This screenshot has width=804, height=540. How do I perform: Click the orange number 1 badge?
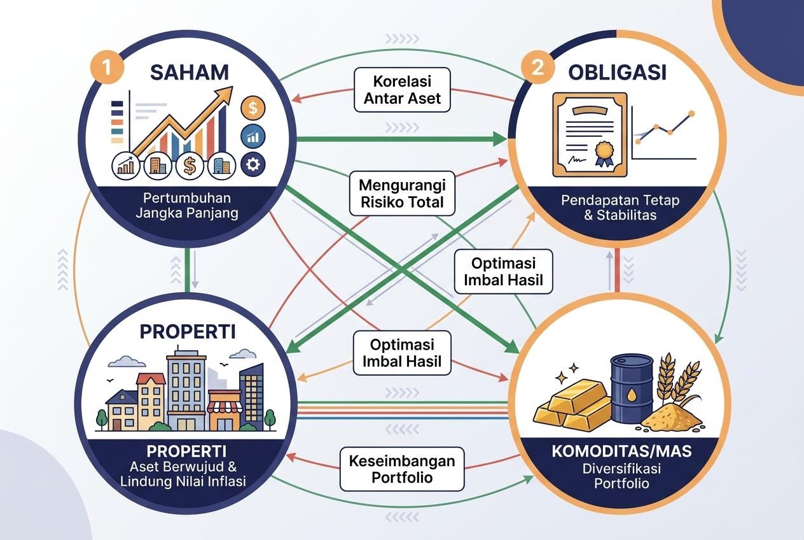pyautogui.click(x=107, y=67)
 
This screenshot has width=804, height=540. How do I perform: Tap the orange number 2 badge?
pyautogui.click(x=537, y=67)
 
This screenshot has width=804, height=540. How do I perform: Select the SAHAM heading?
pyautogui.click(x=190, y=72)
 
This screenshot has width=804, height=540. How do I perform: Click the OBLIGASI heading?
pyautogui.click(x=618, y=72)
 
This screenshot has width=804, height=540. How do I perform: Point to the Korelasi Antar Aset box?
pyautogui.click(x=402, y=90)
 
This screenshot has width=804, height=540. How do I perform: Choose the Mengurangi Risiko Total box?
pyautogui.click(x=402, y=194)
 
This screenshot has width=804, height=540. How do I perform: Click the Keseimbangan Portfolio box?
pyautogui.click(x=402, y=469)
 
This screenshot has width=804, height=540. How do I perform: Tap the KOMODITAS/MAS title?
pyautogui.click(x=621, y=451)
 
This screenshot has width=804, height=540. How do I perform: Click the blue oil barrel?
pyautogui.click(x=632, y=388)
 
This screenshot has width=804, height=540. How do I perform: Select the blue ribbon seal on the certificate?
pyautogui.click(x=604, y=153)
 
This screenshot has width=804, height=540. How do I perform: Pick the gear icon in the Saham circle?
pyautogui.click(x=253, y=164)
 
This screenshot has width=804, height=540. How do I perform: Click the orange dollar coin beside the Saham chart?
pyautogui.click(x=253, y=108)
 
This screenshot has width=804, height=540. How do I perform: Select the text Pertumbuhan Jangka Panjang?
pyautogui.click(x=186, y=206)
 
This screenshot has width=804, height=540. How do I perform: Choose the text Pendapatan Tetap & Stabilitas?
pyautogui.click(x=620, y=208)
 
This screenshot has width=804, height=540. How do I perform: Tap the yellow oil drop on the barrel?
pyautogui.click(x=632, y=395)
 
